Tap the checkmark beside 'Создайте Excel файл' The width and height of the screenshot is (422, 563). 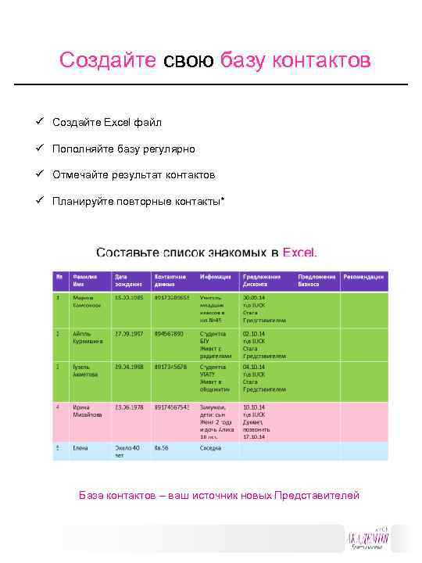(38, 122)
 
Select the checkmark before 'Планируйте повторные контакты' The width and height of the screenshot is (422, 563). (38, 201)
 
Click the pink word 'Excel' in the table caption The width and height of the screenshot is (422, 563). (299, 253)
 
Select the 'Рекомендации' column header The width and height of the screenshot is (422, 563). (363, 277)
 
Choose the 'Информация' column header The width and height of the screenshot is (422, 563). (215, 277)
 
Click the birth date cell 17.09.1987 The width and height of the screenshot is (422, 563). (130, 333)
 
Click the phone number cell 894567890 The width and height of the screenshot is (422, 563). (169, 333)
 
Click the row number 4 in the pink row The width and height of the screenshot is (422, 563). (58, 407)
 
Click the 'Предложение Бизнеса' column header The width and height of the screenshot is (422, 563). (316, 280)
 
